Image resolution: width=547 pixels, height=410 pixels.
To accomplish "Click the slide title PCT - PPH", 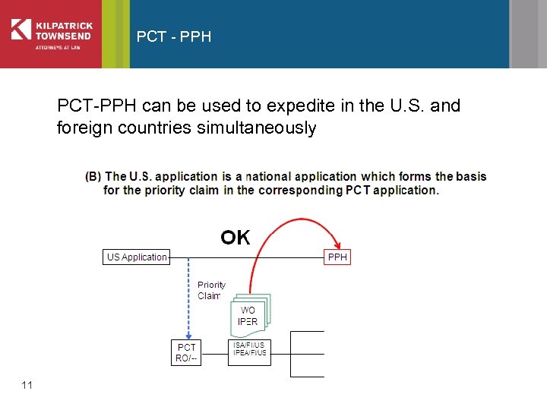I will pos(174,36).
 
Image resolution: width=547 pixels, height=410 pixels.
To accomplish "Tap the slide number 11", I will pos(27,386).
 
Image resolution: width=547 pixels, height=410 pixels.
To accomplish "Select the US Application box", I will pos(137,257).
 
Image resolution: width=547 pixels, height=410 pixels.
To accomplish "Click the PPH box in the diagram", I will pos(337,257).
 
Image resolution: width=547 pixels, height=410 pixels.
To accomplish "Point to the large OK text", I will pos(236,238).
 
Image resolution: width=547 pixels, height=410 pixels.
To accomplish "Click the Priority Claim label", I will pos(210,290).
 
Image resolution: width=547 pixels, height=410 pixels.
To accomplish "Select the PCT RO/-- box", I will pos(186,353).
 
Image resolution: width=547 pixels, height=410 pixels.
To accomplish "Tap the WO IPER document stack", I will pos(248,315).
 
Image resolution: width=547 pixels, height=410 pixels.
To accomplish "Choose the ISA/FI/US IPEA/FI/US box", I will pos(249,349).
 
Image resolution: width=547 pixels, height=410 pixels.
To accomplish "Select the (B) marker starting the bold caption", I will pos(93,176).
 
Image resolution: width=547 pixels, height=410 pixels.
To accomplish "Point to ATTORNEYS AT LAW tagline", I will pos(58,47).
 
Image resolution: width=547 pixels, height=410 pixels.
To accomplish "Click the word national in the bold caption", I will pos(270,176).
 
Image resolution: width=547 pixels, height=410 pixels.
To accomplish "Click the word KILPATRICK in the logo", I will pos(64,24).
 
